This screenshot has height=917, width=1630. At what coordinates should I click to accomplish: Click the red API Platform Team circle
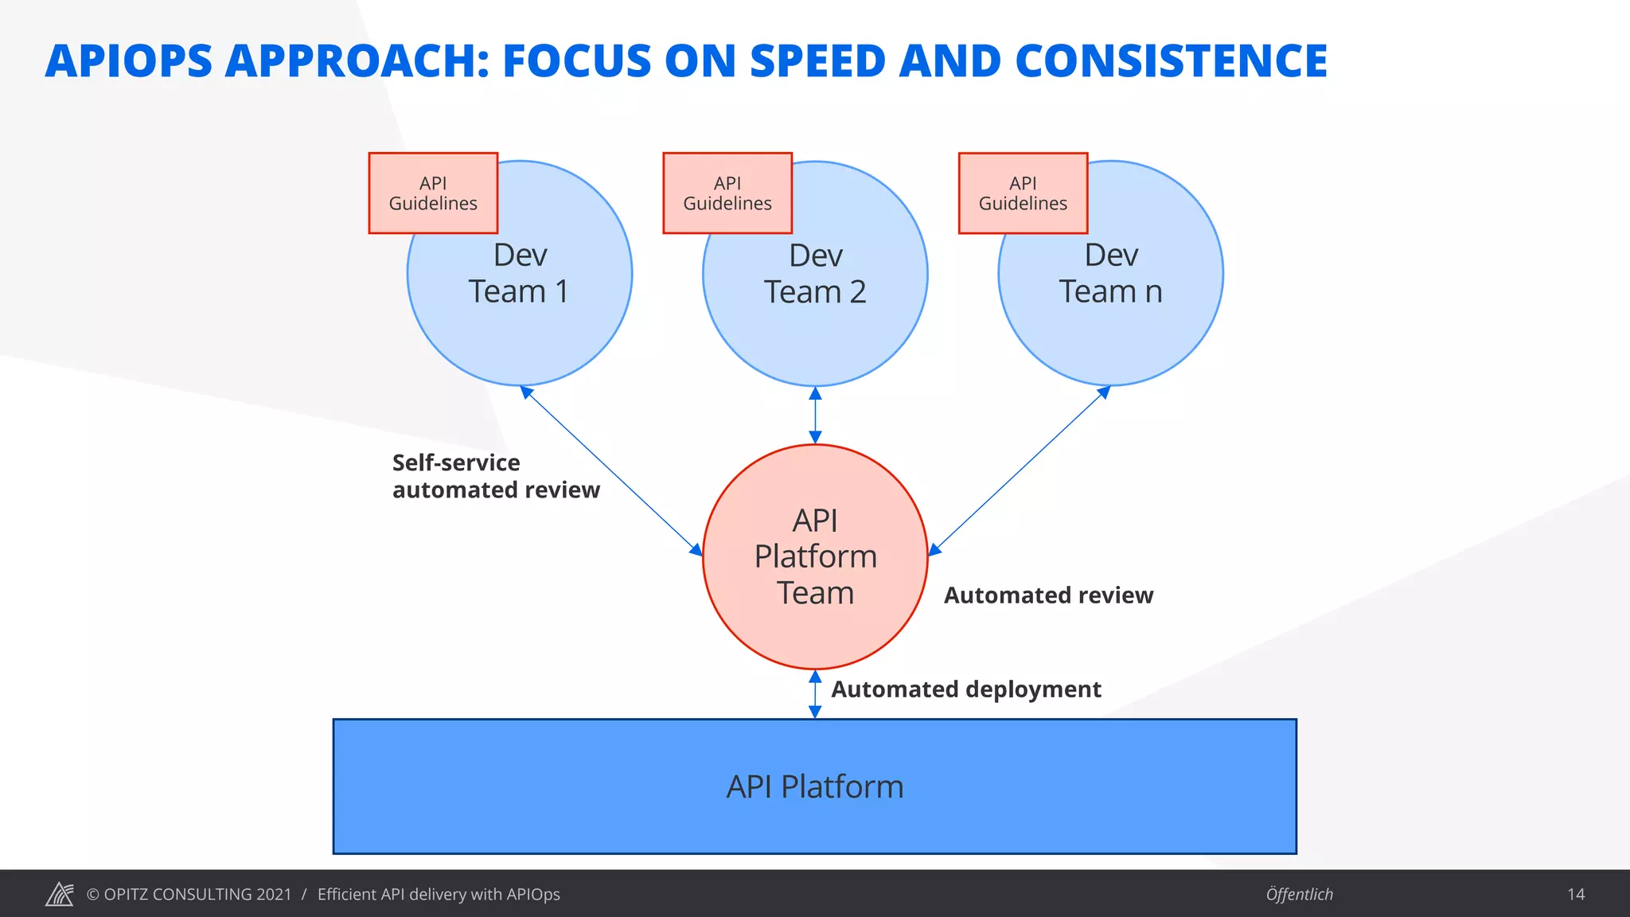(815, 557)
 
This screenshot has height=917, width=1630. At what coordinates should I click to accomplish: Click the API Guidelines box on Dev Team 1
(433, 193)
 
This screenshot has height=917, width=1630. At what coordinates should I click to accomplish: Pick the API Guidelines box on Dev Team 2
(727, 193)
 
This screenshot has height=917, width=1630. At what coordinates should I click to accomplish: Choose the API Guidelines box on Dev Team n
(1023, 193)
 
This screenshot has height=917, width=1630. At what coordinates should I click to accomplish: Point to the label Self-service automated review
(495, 476)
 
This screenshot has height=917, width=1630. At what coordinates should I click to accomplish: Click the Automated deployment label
(965, 689)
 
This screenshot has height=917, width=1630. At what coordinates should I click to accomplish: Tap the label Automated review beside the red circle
(1048, 595)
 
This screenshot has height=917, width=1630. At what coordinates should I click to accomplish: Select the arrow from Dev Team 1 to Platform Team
(611, 471)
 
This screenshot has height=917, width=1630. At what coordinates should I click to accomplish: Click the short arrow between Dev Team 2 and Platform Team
(815, 415)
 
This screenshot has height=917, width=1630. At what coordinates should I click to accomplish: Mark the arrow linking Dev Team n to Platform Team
(1019, 471)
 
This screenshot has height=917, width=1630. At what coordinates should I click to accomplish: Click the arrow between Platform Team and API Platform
(815, 694)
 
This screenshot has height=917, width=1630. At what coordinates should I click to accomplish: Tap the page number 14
(1576, 895)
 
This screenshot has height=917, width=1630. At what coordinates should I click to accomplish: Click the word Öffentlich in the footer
(1299, 895)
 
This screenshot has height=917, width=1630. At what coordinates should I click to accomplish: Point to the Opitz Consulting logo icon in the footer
(60, 894)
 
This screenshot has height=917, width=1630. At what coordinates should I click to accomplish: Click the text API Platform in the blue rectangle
(815, 786)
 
